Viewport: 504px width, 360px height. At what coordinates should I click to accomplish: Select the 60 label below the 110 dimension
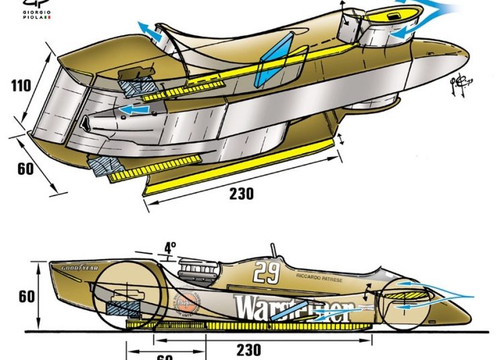point(26,169)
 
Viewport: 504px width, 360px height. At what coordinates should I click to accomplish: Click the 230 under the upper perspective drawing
point(241,194)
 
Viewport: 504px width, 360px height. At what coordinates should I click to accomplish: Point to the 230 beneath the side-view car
point(249,350)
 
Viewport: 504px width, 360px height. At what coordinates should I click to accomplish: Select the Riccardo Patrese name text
point(314,276)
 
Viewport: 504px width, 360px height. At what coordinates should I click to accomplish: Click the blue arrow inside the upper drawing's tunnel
point(134,108)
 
